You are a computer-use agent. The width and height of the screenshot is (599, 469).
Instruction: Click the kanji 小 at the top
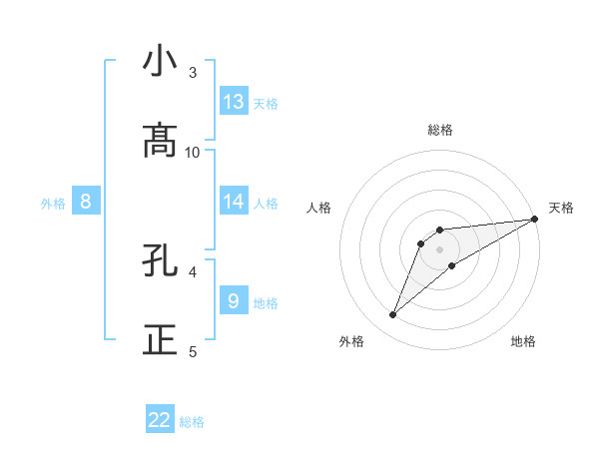pyautogui.click(x=160, y=61)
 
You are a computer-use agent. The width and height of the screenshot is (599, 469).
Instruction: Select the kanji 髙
pyautogui.click(x=160, y=141)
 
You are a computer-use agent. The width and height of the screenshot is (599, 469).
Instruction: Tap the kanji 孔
pyautogui.click(x=160, y=261)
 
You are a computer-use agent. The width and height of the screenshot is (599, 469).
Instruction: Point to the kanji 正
pyautogui.click(x=160, y=339)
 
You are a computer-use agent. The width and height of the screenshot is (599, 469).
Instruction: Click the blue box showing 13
pyautogui.click(x=234, y=102)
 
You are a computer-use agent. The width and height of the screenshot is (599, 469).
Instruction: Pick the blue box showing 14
pyautogui.click(x=234, y=202)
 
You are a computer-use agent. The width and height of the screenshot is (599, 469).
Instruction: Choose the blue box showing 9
pyautogui.click(x=234, y=301)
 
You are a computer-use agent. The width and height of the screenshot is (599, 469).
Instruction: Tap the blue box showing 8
pyautogui.click(x=86, y=202)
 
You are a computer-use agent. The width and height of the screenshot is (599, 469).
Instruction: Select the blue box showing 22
pyautogui.click(x=160, y=420)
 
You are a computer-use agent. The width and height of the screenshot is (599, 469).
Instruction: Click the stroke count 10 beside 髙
pyautogui.click(x=193, y=152)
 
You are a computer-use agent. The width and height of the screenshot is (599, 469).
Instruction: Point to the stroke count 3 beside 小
pyautogui.click(x=193, y=73)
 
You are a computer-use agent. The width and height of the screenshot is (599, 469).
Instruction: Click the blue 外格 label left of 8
pyautogui.click(x=53, y=204)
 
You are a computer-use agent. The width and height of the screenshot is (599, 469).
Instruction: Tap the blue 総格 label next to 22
pyautogui.click(x=192, y=422)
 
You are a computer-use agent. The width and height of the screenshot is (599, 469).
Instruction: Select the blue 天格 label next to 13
pyautogui.click(x=266, y=104)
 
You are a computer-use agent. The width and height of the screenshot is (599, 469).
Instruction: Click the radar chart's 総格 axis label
pyautogui.click(x=440, y=130)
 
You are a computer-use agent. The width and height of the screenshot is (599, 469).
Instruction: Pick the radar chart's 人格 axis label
pyautogui.click(x=319, y=208)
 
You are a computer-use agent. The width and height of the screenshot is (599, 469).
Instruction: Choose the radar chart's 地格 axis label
pyautogui.click(x=523, y=341)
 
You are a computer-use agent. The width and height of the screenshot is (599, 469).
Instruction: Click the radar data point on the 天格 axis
pyautogui.click(x=534, y=220)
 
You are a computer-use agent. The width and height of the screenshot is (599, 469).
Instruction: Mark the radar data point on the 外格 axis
pyautogui.click(x=393, y=315)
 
